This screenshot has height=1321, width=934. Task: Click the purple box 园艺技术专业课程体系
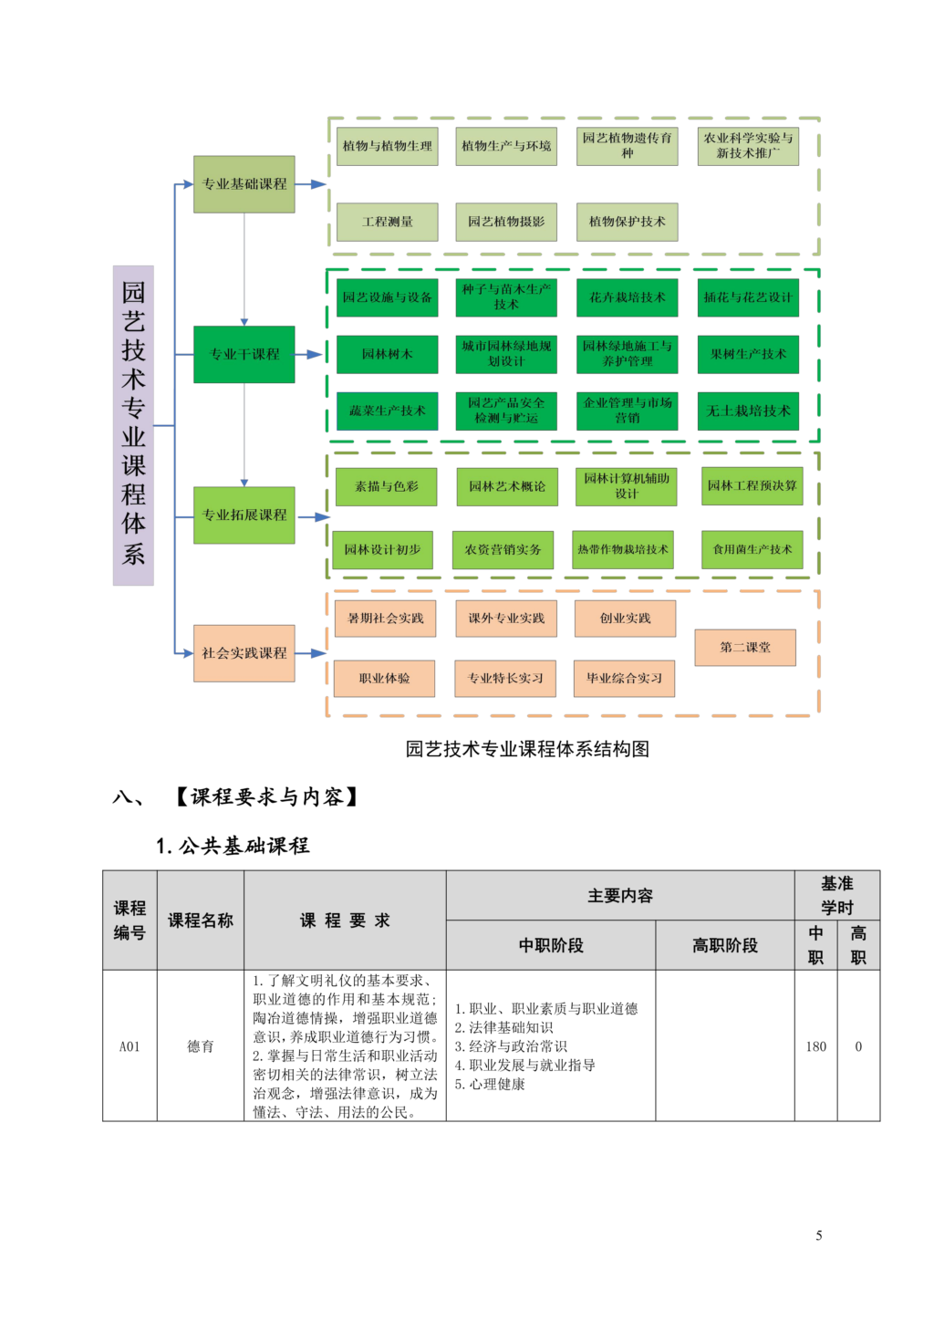(x=133, y=425)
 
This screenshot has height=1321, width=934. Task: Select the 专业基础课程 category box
(x=244, y=184)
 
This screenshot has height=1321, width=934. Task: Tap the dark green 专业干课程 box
(x=244, y=354)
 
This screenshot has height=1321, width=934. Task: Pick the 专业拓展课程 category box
(x=244, y=515)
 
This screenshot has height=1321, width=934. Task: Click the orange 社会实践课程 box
(x=244, y=653)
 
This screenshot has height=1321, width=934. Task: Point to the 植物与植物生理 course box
(x=388, y=146)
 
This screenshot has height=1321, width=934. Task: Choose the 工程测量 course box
(x=388, y=222)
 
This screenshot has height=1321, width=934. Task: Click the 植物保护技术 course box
(x=627, y=222)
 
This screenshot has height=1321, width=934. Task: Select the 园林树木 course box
(x=388, y=354)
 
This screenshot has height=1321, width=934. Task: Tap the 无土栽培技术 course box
(x=748, y=411)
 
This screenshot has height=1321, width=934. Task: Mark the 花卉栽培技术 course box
(x=627, y=297)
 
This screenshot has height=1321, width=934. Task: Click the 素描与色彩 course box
(x=387, y=486)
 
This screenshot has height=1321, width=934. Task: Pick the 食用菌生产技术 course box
(x=752, y=549)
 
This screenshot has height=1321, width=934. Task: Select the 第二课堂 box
(x=745, y=648)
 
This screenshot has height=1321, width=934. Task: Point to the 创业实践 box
(x=625, y=619)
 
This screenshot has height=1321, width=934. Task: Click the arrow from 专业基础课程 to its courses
(x=311, y=184)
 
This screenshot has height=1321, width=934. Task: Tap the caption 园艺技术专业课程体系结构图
(x=527, y=749)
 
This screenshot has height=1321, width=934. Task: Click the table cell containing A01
(x=130, y=1046)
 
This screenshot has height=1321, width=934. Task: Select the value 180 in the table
(x=815, y=1046)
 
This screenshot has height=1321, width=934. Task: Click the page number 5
(x=818, y=1235)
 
